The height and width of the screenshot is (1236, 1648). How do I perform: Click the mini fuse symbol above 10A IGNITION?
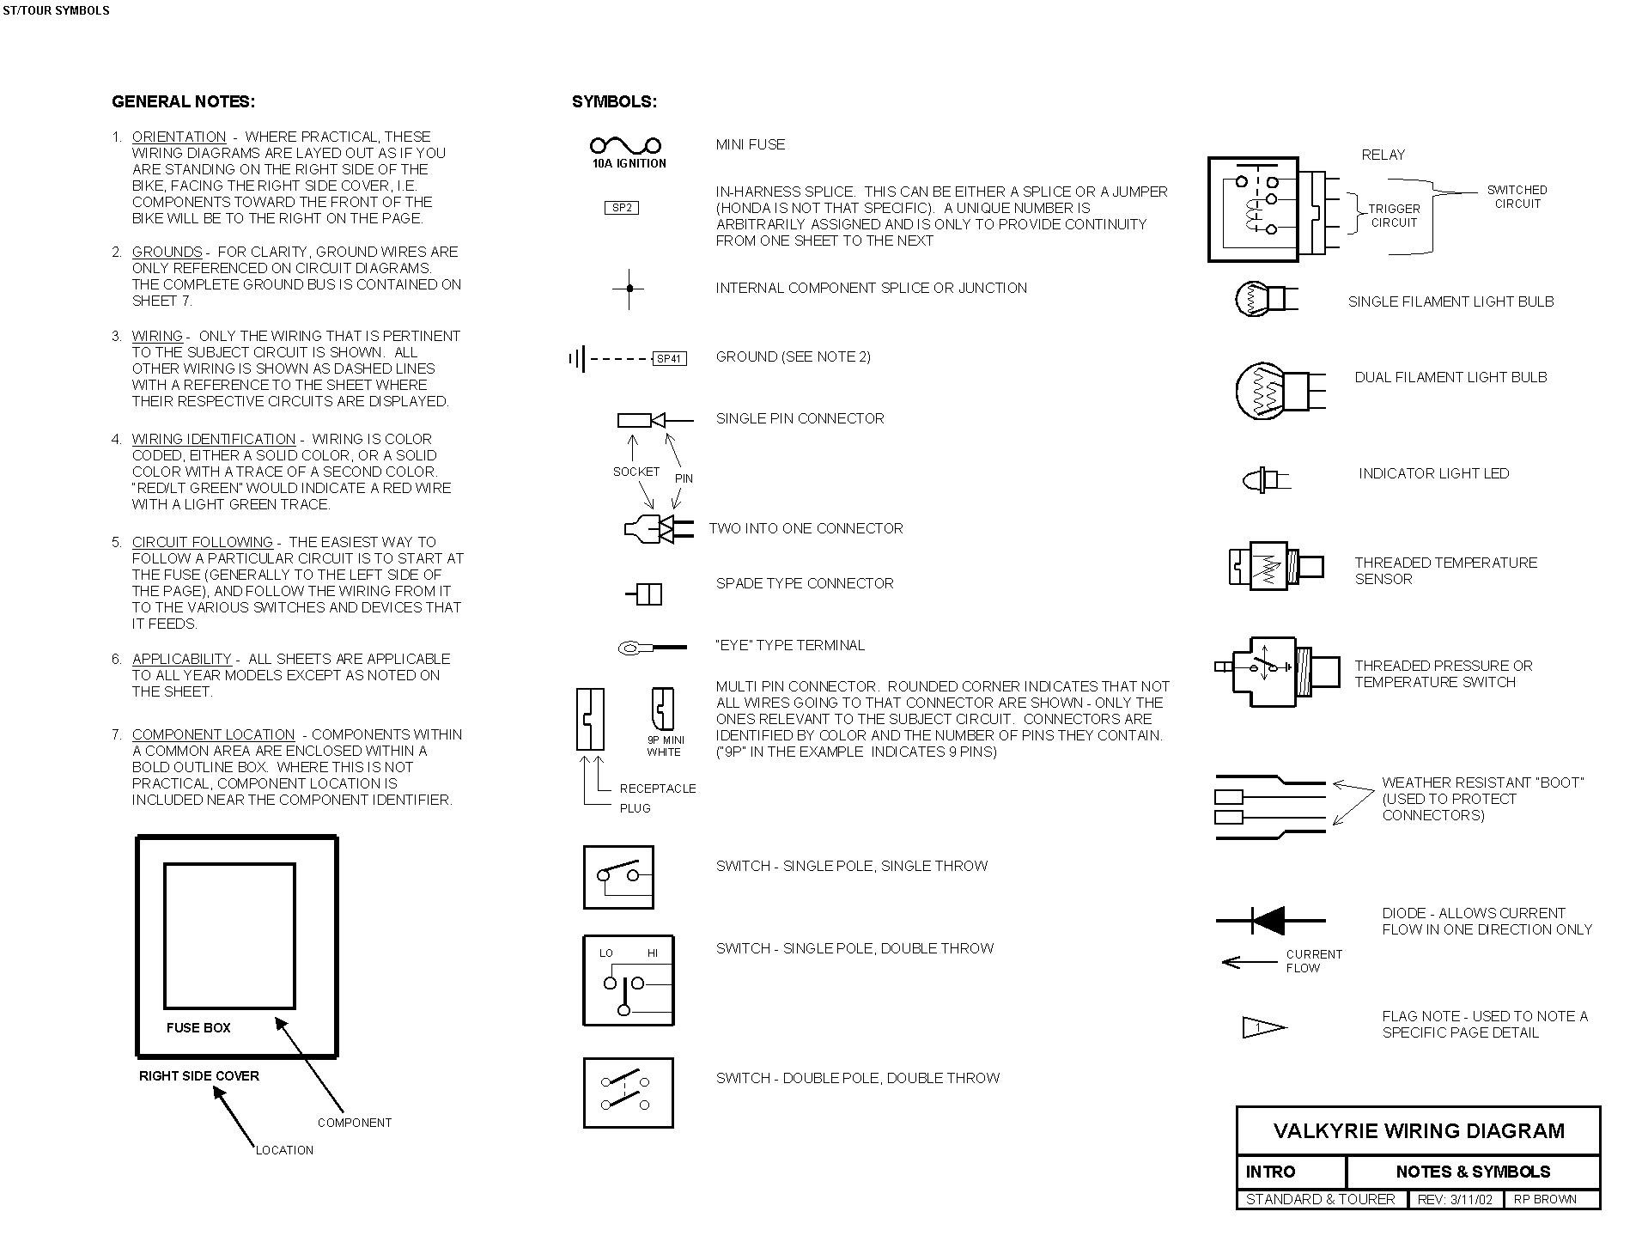(x=625, y=145)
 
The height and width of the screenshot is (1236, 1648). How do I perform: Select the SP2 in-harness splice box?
(x=622, y=208)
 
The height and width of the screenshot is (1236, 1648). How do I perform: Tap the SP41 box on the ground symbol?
(x=670, y=359)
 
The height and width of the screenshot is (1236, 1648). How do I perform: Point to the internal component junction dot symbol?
(x=629, y=289)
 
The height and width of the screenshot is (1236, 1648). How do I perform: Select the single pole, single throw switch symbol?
(x=618, y=877)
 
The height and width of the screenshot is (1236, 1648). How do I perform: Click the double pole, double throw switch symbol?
(x=628, y=1093)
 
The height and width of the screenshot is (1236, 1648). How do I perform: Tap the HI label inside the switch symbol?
(x=653, y=953)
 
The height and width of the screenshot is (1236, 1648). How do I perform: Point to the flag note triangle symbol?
(x=1263, y=1027)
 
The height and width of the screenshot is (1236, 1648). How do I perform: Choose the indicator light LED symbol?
(x=1265, y=479)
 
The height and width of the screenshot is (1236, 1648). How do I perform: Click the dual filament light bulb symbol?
(x=1279, y=391)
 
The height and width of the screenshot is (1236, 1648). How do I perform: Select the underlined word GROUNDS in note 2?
(x=167, y=252)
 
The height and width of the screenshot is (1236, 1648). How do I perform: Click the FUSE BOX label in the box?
(x=198, y=1028)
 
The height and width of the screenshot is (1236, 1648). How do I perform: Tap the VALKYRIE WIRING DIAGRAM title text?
(x=1419, y=1130)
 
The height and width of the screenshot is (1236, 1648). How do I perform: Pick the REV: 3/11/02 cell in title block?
(x=1455, y=1200)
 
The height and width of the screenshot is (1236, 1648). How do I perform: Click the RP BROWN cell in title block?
(x=1545, y=1200)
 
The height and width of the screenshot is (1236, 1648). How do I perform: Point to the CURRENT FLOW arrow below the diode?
(x=1250, y=962)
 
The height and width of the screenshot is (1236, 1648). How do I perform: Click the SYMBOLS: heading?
(x=614, y=102)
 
